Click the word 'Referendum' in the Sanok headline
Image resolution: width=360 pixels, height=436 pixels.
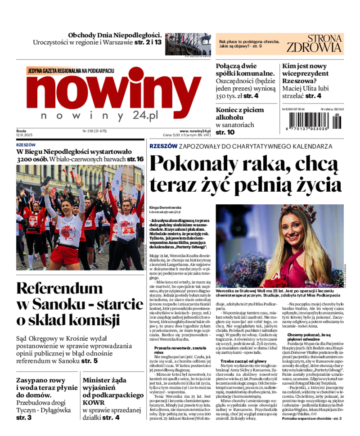coord(66,288)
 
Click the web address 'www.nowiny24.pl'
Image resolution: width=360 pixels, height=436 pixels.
coord(195,131)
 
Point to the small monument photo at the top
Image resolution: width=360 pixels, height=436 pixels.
coord(188,44)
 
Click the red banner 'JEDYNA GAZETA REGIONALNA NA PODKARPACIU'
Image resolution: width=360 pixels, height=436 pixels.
coord(71,71)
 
